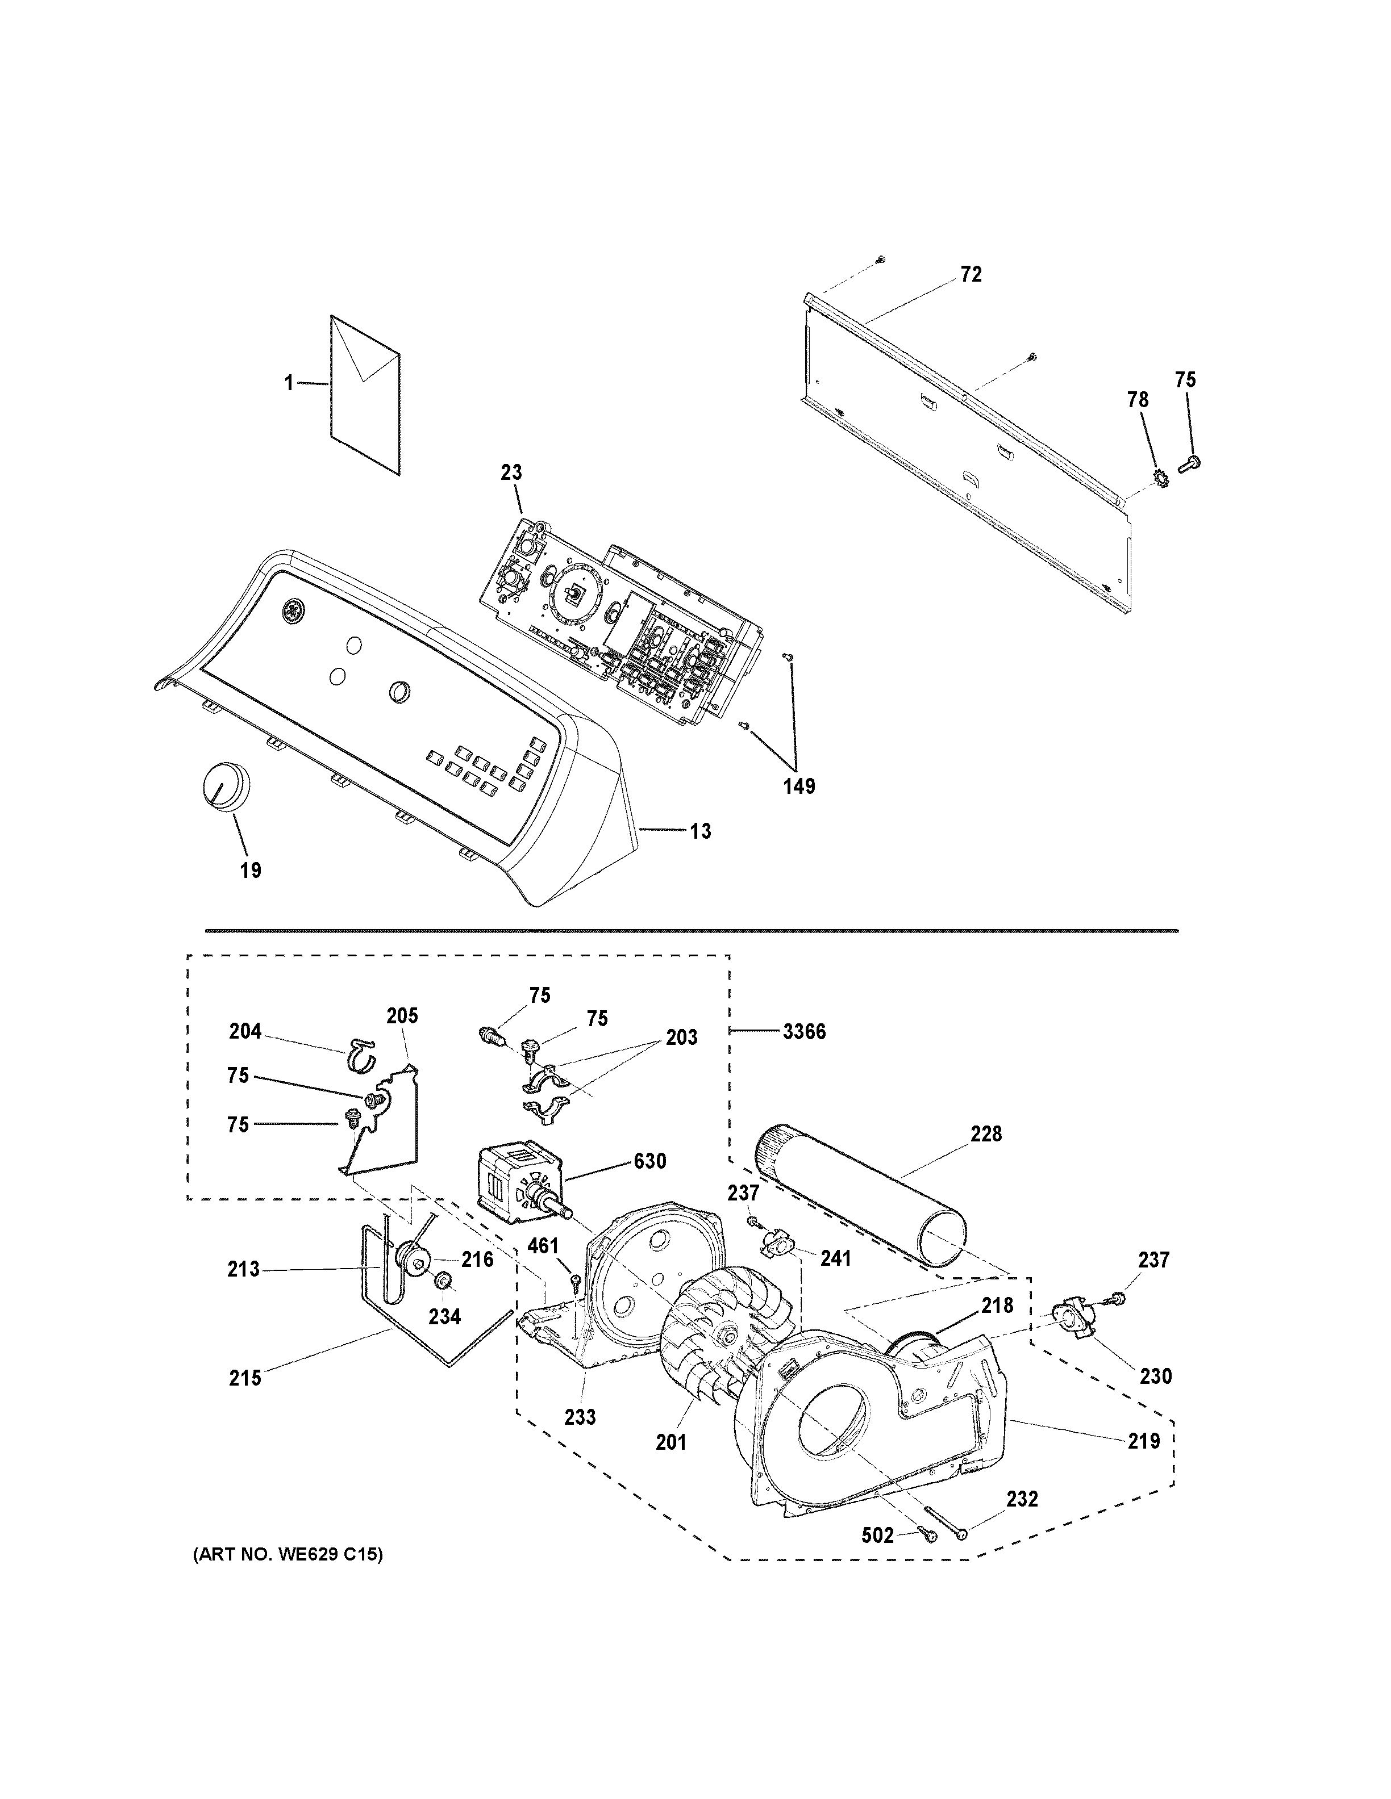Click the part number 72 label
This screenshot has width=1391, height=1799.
[971, 274]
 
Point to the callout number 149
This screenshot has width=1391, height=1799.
[798, 786]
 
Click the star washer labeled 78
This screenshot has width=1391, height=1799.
[1158, 476]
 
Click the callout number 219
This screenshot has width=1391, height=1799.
[1144, 1441]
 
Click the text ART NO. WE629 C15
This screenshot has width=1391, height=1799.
[288, 1555]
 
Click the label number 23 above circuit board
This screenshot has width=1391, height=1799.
[511, 473]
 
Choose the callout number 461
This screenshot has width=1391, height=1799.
[543, 1245]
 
